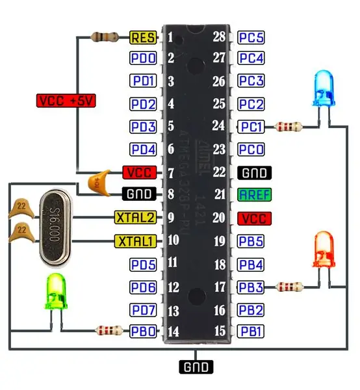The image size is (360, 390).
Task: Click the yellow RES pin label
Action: (143, 38)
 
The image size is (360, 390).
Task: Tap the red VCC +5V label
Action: (66, 101)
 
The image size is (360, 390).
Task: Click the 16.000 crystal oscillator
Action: (55, 228)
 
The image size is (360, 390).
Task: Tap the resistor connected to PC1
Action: (288, 127)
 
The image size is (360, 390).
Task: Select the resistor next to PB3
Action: (289, 287)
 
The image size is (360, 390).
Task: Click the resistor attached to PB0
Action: (109, 331)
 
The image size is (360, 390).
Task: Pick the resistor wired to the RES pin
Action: (105, 37)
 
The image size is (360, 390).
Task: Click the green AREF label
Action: (254, 194)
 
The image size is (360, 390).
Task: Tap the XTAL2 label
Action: (136, 217)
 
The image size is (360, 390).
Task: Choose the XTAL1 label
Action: (136, 241)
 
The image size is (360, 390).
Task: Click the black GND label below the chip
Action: (196, 367)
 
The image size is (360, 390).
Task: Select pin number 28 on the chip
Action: (219, 36)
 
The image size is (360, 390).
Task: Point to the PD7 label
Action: (143, 310)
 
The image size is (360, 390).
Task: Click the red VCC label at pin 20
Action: (254, 218)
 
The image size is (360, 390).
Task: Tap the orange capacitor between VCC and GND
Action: (99, 183)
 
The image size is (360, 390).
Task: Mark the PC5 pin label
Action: (251, 38)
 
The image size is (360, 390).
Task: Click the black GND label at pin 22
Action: (254, 173)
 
